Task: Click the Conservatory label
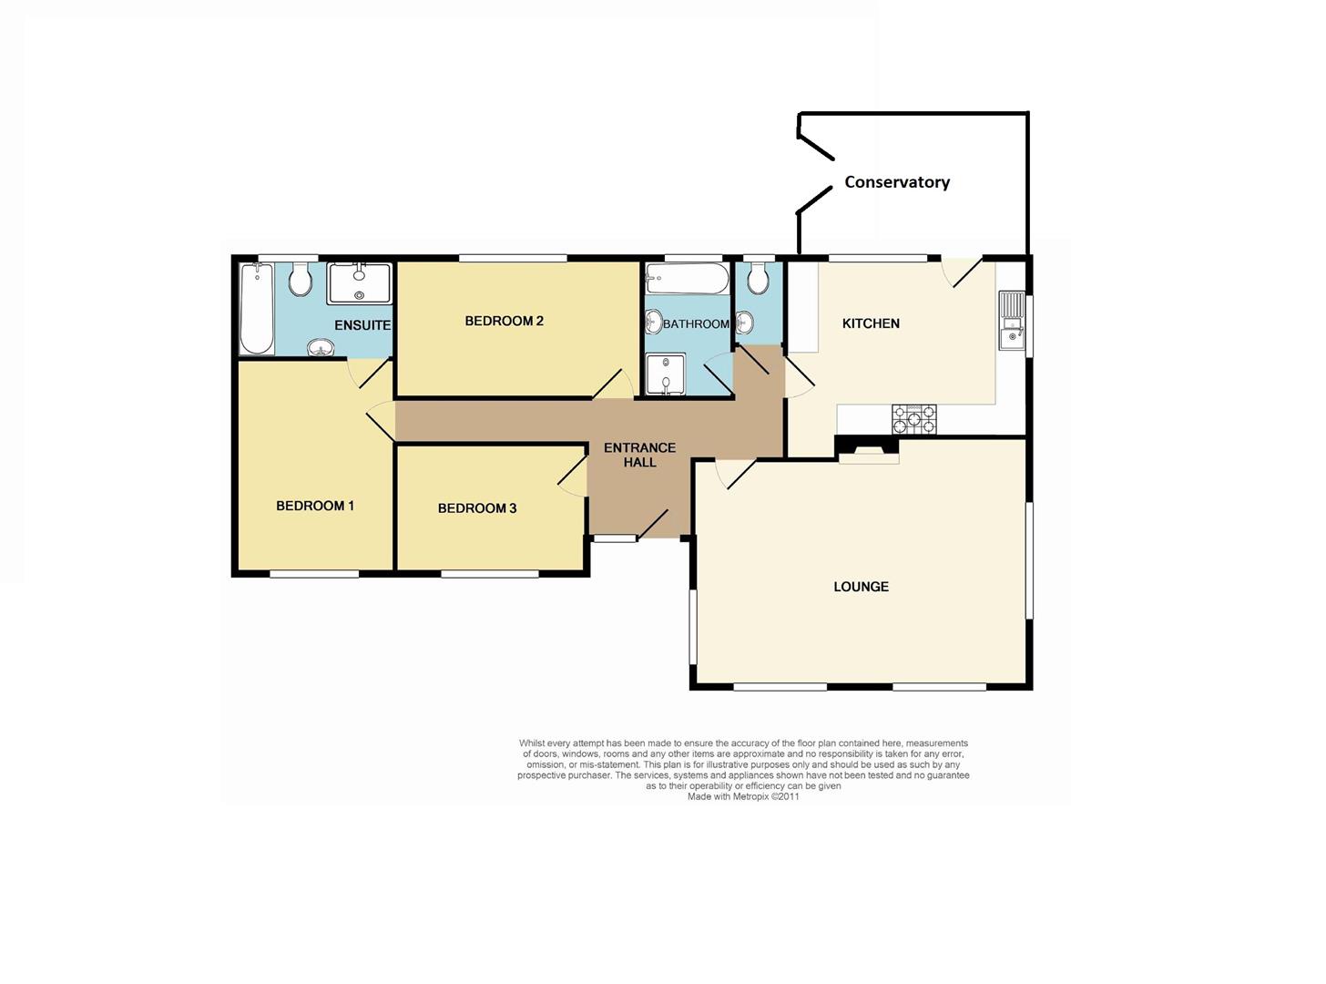896,182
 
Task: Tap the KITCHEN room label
871,323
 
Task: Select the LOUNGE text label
861,587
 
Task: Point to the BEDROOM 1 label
315,506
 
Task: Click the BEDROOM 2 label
504,321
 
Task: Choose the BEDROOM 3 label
477,508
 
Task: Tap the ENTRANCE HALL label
639,455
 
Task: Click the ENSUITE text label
362,325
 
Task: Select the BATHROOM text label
696,324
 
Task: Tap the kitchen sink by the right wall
1011,321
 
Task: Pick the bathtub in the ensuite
256,308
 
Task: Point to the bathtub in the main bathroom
687,279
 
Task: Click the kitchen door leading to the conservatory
962,272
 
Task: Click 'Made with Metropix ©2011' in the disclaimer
743,796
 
